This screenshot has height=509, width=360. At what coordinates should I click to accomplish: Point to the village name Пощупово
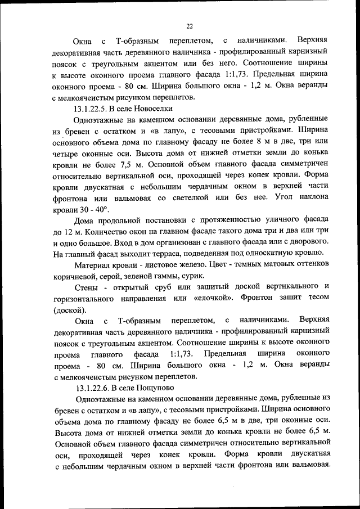[152, 388]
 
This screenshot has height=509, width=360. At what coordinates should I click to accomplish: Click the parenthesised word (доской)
[70, 310]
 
